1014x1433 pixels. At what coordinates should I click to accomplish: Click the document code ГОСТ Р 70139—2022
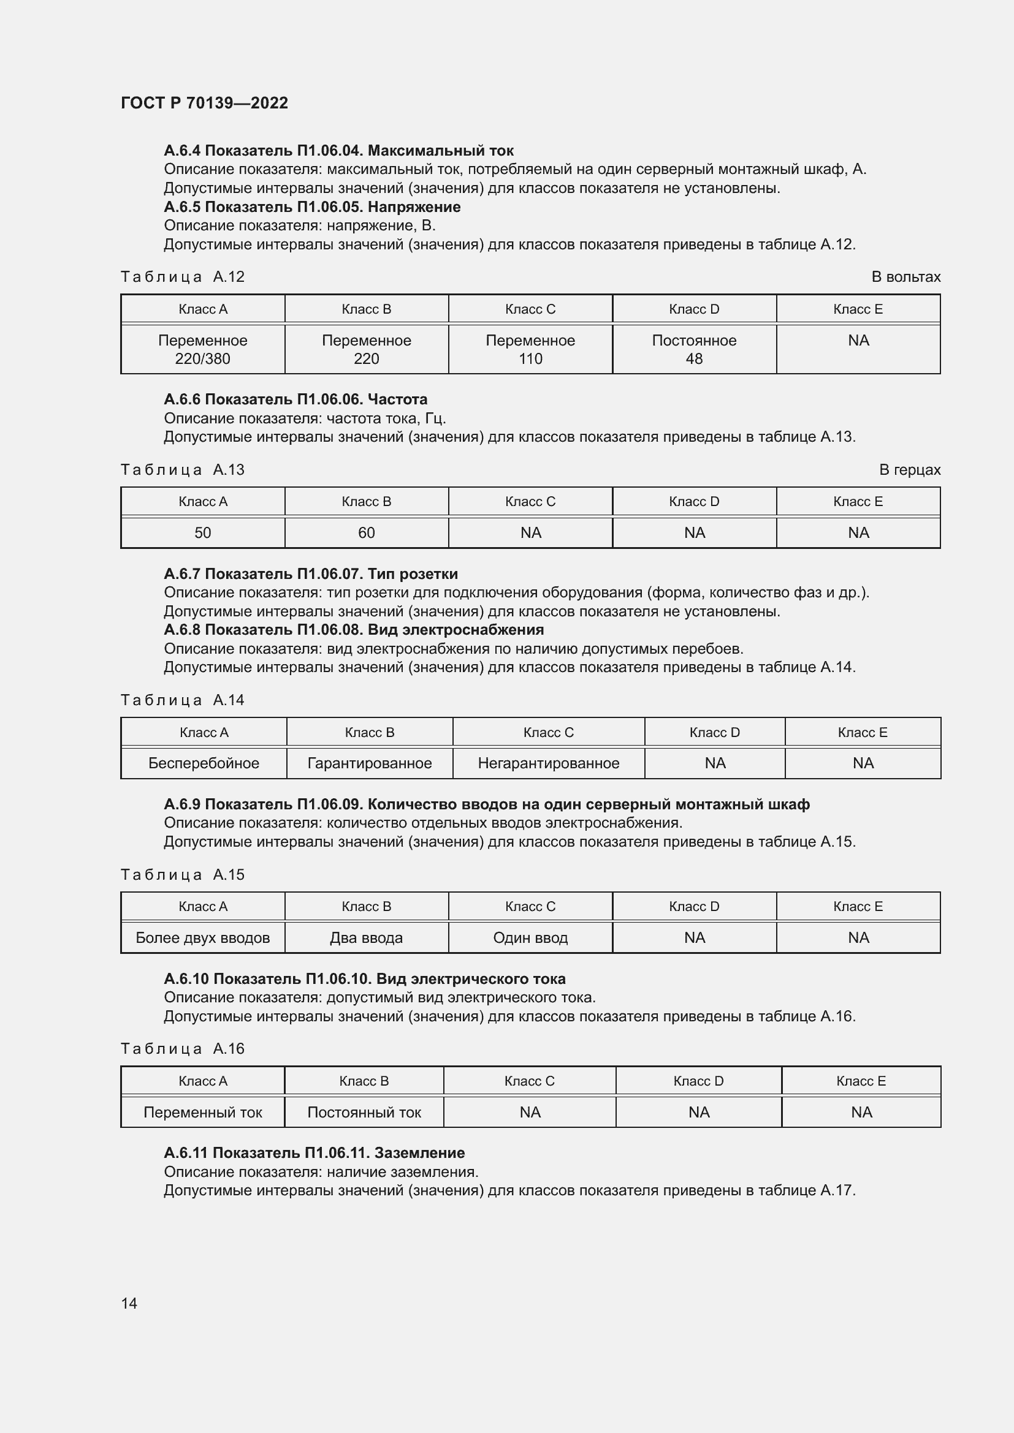204,103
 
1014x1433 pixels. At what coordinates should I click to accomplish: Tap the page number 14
129,1303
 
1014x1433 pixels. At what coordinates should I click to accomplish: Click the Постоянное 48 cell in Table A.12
694,349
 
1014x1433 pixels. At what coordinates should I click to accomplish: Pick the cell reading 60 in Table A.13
366,532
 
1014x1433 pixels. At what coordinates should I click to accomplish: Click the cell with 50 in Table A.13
202,532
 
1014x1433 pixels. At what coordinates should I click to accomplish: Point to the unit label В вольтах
905,276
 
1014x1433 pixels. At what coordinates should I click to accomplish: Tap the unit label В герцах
909,469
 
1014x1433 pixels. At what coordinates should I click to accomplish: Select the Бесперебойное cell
204,763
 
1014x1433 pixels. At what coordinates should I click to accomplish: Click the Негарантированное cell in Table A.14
548,763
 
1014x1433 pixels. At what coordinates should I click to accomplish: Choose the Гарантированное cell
369,763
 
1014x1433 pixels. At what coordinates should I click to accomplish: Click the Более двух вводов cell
202,937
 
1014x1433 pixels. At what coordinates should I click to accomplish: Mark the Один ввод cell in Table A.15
530,937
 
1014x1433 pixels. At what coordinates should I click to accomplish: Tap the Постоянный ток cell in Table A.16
364,1111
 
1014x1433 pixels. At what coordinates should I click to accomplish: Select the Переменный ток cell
202,1111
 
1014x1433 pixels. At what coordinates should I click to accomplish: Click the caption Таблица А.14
182,700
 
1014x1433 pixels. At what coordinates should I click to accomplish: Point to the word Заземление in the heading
419,1153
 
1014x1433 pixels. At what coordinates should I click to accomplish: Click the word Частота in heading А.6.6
397,399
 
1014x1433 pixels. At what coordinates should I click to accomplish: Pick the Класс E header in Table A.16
860,1080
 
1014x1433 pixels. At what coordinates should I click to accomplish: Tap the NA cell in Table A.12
858,341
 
